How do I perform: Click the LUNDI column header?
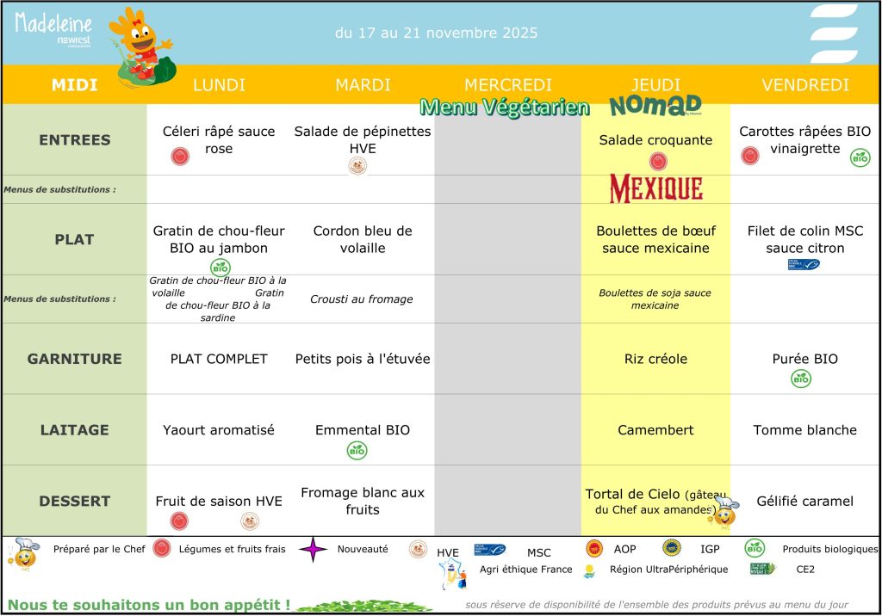point(219,85)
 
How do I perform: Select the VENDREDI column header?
point(804,85)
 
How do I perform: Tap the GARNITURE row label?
point(75,359)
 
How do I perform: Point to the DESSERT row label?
point(75,501)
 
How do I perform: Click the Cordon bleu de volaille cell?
point(362,239)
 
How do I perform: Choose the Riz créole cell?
point(655,359)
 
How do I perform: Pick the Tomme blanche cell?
point(804,429)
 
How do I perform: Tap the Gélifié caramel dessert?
point(804,501)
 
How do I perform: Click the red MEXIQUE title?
point(655,188)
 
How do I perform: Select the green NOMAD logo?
point(655,106)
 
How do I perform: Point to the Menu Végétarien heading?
point(505,108)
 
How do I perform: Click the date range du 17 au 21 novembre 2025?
point(436,34)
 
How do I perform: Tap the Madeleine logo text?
point(53,22)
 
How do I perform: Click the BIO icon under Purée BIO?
point(801,379)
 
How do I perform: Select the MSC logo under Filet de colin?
point(803,264)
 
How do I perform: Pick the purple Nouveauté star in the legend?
point(314,548)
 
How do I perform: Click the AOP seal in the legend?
point(593,548)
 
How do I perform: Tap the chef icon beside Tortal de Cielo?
point(724,512)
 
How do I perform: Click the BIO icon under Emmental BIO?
point(357,449)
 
